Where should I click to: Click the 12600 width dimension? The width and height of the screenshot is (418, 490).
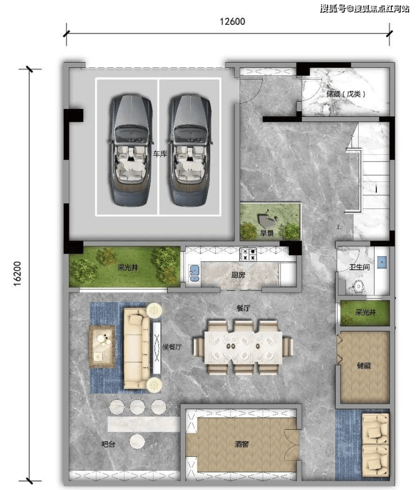(232, 21)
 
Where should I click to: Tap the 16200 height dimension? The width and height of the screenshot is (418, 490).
(18, 273)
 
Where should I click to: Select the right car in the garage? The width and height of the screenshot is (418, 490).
(190, 150)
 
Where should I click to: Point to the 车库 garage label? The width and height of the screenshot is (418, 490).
(160, 154)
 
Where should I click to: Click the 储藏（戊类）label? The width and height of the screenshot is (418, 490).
(346, 94)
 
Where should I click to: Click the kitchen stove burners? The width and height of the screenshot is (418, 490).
(248, 254)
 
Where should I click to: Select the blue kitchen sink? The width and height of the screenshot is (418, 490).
(194, 273)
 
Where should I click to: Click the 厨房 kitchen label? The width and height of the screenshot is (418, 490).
(238, 275)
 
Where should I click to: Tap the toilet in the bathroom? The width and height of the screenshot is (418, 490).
(357, 287)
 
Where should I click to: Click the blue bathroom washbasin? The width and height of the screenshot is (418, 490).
(382, 262)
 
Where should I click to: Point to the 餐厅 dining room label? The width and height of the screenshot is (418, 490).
(243, 308)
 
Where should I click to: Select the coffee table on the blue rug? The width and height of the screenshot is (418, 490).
(102, 346)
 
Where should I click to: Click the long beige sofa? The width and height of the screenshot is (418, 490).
(137, 348)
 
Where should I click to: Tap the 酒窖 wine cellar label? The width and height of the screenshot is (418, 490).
(242, 444)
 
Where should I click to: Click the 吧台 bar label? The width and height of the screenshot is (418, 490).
(108, 444)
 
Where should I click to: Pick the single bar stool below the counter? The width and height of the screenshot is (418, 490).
(137, 441)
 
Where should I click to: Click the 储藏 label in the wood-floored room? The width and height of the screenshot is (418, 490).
(364, 365)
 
